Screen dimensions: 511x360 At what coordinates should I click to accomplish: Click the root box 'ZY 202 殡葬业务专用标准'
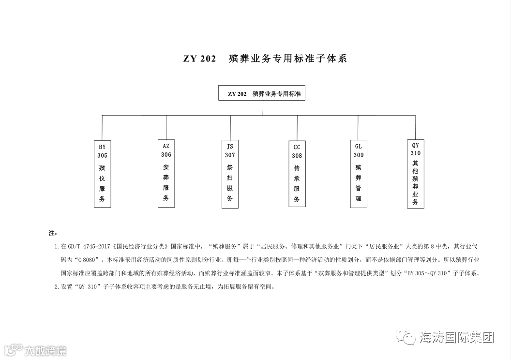262,93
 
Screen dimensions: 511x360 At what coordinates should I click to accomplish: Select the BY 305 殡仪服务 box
102,173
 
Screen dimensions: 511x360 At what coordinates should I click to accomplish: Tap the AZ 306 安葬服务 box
166,173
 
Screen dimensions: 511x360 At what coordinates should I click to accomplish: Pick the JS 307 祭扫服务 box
230,174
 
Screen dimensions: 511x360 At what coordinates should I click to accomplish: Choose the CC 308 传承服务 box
297,173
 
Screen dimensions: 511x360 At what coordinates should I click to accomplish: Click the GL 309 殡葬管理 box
358,173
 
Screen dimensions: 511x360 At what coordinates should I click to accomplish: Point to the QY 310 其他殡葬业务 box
415,173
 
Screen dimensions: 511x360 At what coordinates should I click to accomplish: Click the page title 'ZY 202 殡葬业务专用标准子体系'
265,59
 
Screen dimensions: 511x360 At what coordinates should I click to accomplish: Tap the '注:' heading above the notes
53,233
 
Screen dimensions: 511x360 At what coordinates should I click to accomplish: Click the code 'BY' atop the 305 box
102,146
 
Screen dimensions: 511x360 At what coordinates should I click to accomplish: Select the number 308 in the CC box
297,155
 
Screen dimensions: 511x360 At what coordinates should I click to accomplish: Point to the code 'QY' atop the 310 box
415,145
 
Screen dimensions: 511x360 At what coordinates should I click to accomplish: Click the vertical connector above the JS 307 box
230,128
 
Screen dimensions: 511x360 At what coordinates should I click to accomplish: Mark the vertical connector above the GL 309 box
358,128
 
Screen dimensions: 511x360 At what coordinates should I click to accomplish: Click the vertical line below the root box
263,108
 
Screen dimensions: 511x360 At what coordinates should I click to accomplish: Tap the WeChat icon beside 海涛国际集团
406,337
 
